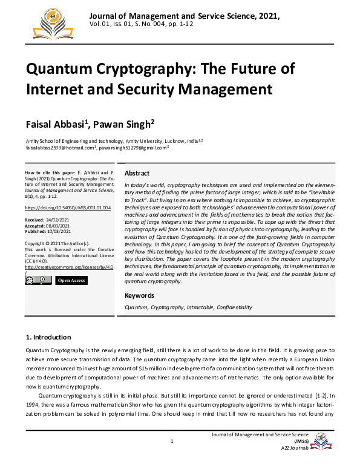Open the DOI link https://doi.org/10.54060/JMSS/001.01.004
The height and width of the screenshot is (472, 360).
coord(68,208)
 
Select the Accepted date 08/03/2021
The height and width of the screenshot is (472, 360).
coord(59,225)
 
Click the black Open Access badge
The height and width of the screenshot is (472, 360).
coord(71,281)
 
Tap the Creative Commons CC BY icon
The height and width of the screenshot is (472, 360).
coord(38,280)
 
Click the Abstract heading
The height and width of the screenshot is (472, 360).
coord(137,173)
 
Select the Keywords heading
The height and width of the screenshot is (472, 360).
coord(139,295)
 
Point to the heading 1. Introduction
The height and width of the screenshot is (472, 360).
coord(48,337)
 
